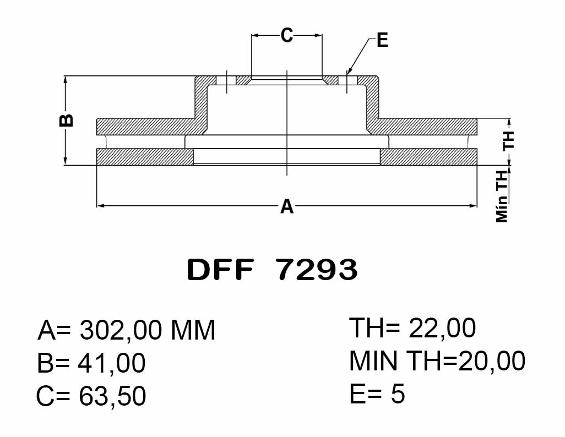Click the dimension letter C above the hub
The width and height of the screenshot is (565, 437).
(287, 35)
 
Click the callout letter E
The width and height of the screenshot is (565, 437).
(382, 40)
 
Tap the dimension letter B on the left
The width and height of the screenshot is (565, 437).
(66, 121)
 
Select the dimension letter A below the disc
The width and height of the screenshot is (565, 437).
(287, 206)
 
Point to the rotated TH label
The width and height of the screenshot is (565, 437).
(509, 140)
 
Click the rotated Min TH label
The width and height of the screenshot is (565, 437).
(502, 196)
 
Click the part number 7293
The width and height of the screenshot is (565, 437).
(317, 270)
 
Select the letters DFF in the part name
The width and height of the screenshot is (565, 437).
(220, 270)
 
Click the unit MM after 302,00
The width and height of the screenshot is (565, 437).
(193, 330)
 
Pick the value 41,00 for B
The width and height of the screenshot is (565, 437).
(112, 363)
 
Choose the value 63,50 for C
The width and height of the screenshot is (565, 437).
(112, 396)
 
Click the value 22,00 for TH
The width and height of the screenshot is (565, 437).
(442, 328)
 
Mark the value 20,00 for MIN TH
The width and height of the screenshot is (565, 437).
(492, 360)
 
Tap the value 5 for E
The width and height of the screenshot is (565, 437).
(398, 393)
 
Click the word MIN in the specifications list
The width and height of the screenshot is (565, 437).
(373, 360)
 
